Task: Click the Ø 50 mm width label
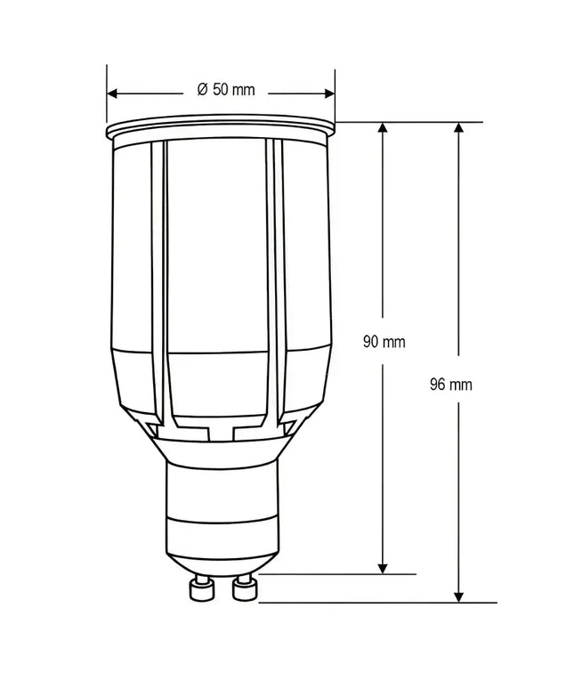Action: pyautogui.click(x=225, y=90)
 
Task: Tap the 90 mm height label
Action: pyautogui.click(x=384, y=341)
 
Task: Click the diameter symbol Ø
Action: pyautogui.click(x=202, y=90)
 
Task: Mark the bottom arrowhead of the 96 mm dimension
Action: pyautogui.click(x=459, y=596)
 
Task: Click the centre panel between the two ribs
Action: pyautogui.click(x=218, y=267)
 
